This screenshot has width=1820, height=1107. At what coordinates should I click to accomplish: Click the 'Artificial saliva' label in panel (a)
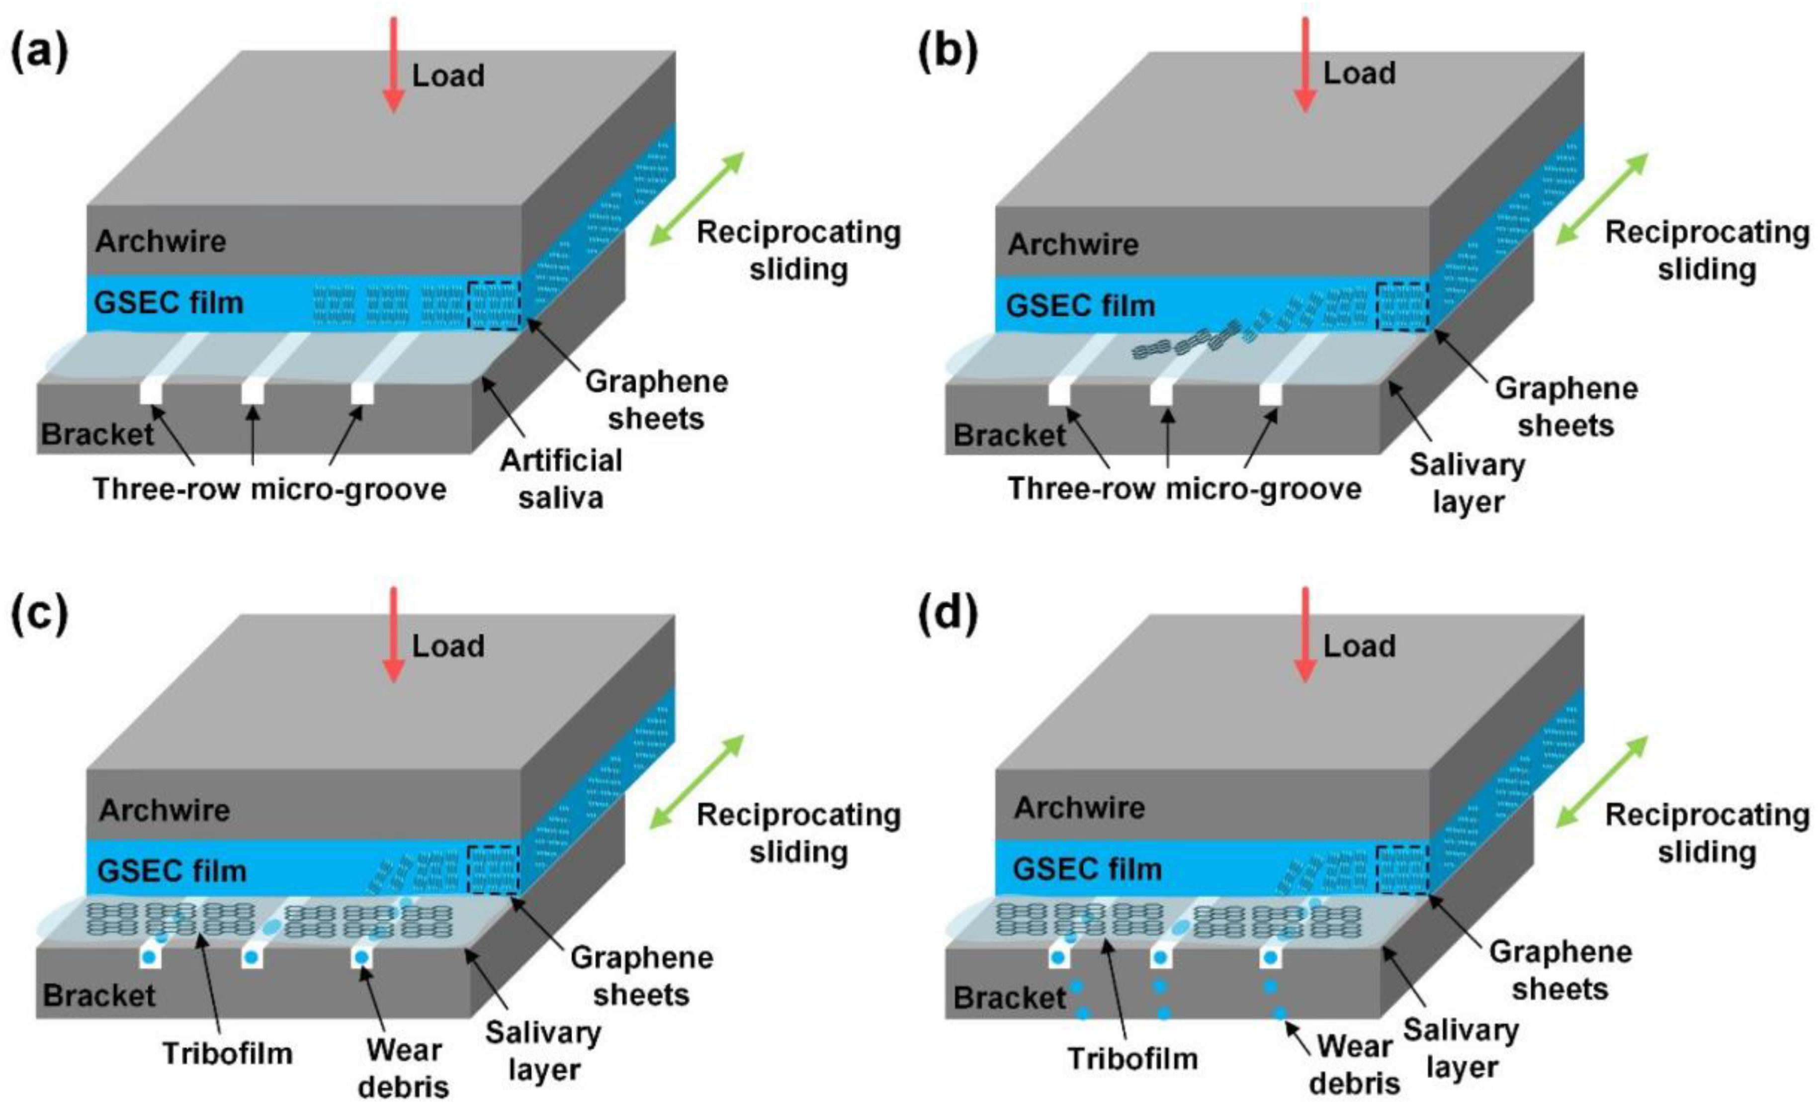coord(561,479)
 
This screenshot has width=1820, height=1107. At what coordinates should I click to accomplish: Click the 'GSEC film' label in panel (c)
coord(172,870)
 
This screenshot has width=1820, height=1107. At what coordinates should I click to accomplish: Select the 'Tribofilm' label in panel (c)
coord(228,1053)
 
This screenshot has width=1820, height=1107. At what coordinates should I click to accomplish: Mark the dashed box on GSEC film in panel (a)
coord(495,304)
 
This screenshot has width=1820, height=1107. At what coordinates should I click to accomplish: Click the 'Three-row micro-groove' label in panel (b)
coord(1184,488)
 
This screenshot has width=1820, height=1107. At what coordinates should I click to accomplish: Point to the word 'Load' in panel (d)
coord(1359,646)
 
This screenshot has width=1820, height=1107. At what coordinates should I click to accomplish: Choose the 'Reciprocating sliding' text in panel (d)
coord(1706,833)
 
